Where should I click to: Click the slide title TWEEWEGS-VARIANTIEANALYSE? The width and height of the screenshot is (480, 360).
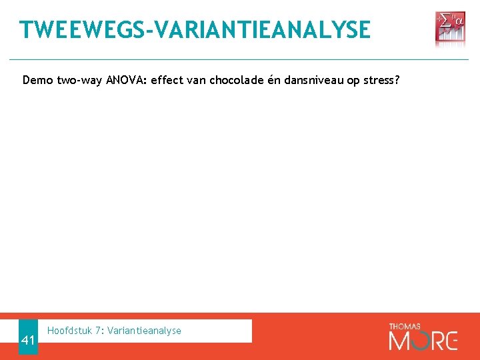tap(195, 29)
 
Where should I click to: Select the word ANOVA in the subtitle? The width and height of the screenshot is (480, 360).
tap(123, 81)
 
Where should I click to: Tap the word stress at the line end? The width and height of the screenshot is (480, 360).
tap(379, 81)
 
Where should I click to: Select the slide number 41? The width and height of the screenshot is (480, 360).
tap(28, 341)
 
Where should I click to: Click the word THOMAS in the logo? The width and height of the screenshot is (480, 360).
tap(404, 326)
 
